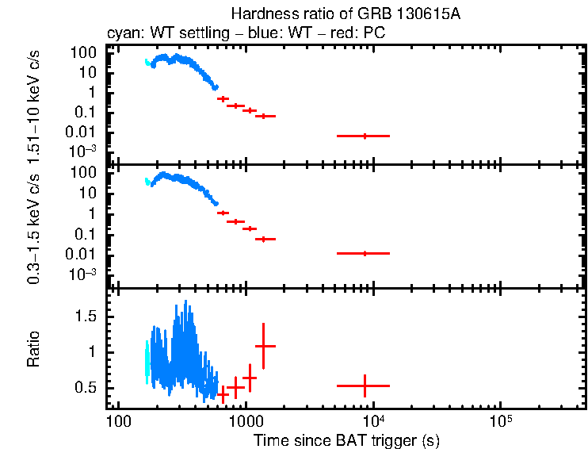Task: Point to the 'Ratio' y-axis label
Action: point(34,351)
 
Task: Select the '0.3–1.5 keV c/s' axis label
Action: point(34,225)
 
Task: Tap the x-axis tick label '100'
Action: point(118,419)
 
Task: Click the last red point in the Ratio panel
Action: point(365,386)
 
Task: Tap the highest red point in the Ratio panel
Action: point(264,346)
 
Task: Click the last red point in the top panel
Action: point(365,136)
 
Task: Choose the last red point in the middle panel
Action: point(365,253)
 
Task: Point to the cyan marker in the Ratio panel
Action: point(147,363)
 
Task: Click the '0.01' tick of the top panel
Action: point(90,131)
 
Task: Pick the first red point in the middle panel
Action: point(223,213)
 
